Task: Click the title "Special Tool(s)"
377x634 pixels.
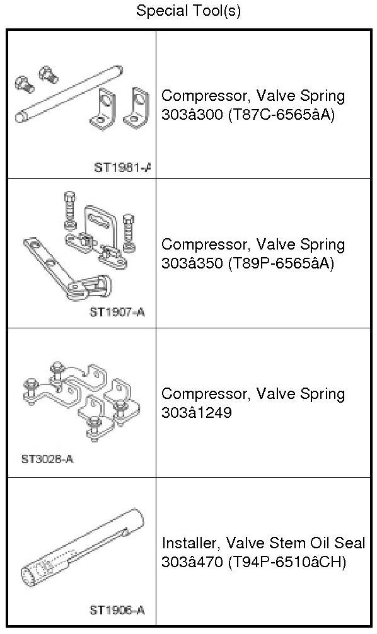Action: point(188,11)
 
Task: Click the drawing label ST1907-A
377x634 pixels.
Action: point(117,312)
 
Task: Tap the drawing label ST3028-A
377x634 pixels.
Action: point(47,459)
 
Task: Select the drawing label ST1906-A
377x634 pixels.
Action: point(117,610)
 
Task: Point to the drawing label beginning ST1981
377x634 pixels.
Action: point(122,168)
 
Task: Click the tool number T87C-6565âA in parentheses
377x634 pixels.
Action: point(282,115)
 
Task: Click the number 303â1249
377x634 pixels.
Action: point(197,412)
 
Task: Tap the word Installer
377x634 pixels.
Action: point(191,543)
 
